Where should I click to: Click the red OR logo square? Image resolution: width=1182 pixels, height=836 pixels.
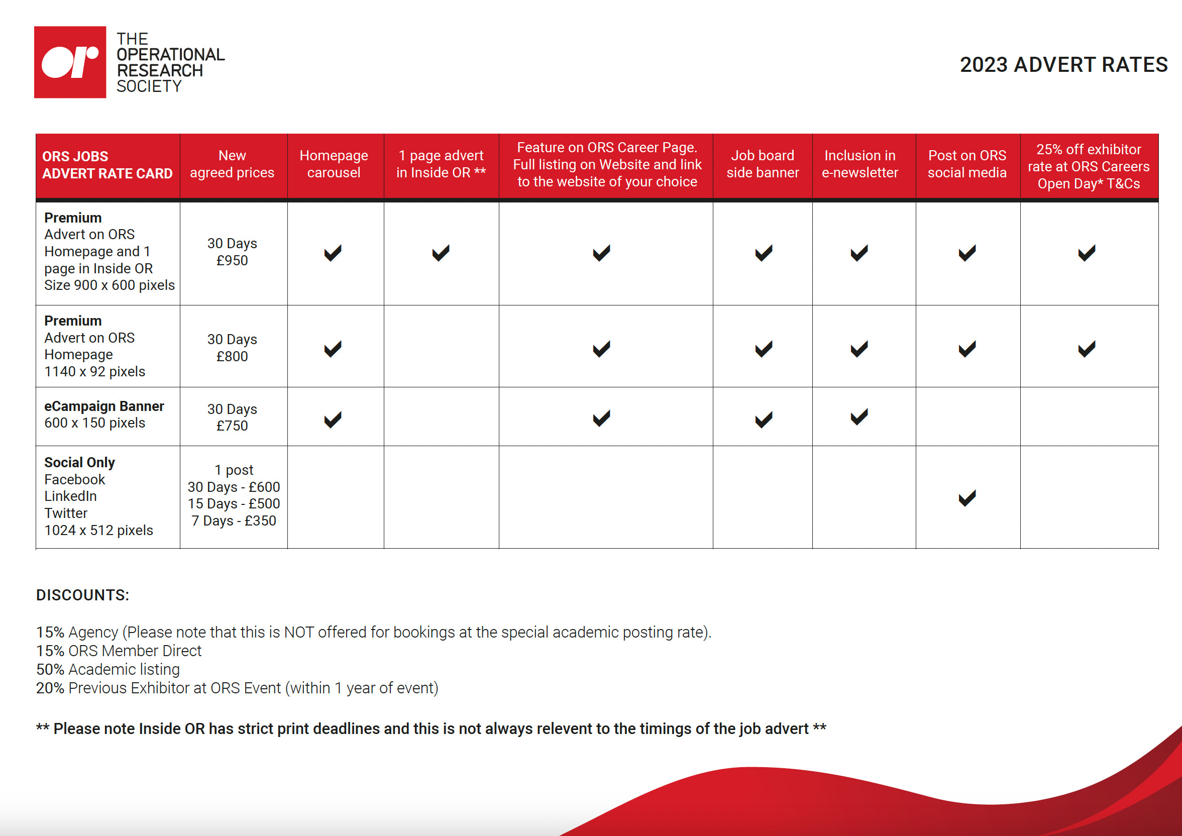70,62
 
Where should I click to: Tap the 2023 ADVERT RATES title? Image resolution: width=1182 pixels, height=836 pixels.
1063,65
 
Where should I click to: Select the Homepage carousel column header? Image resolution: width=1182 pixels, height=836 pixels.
334,164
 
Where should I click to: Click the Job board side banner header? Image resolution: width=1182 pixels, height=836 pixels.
763,164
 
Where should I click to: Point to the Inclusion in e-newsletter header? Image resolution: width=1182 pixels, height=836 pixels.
859,164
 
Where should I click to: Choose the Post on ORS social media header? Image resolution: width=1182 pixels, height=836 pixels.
967,164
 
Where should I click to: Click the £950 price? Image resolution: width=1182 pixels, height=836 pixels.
232,260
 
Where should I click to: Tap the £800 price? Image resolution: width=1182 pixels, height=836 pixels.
232,356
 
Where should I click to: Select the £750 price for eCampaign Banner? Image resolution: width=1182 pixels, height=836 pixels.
232,426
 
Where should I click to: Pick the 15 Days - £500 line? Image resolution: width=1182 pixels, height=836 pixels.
234,503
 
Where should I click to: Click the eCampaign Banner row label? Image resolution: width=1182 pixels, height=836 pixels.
104,406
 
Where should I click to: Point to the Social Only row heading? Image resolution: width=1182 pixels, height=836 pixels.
79,462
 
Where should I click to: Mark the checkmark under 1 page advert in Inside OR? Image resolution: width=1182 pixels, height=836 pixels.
441,253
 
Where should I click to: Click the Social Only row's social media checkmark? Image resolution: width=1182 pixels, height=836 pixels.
967,498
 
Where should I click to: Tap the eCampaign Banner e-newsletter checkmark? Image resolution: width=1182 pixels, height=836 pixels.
859,417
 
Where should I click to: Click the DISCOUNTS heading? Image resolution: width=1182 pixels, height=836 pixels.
82,595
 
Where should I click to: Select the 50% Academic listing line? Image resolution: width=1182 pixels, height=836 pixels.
108,669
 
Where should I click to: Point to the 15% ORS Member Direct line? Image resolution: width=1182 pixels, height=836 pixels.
119,651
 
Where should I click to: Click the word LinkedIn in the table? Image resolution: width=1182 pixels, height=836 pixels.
70,496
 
